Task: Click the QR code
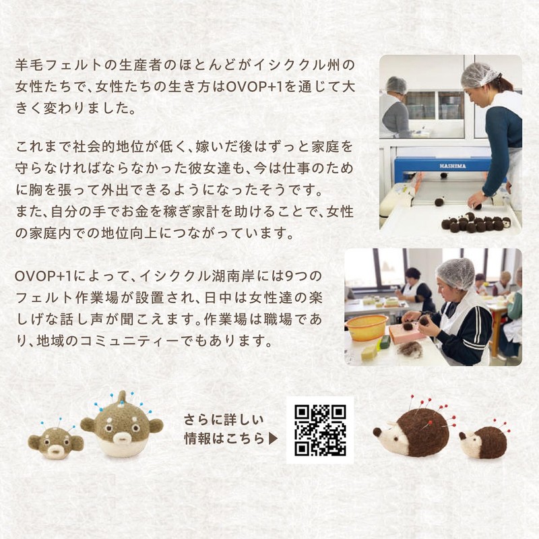click(x=319, y=430)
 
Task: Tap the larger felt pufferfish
click(x=121, y=429)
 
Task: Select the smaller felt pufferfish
click(x=55, y=441)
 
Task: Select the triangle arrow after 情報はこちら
click(x=273, y=439)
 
